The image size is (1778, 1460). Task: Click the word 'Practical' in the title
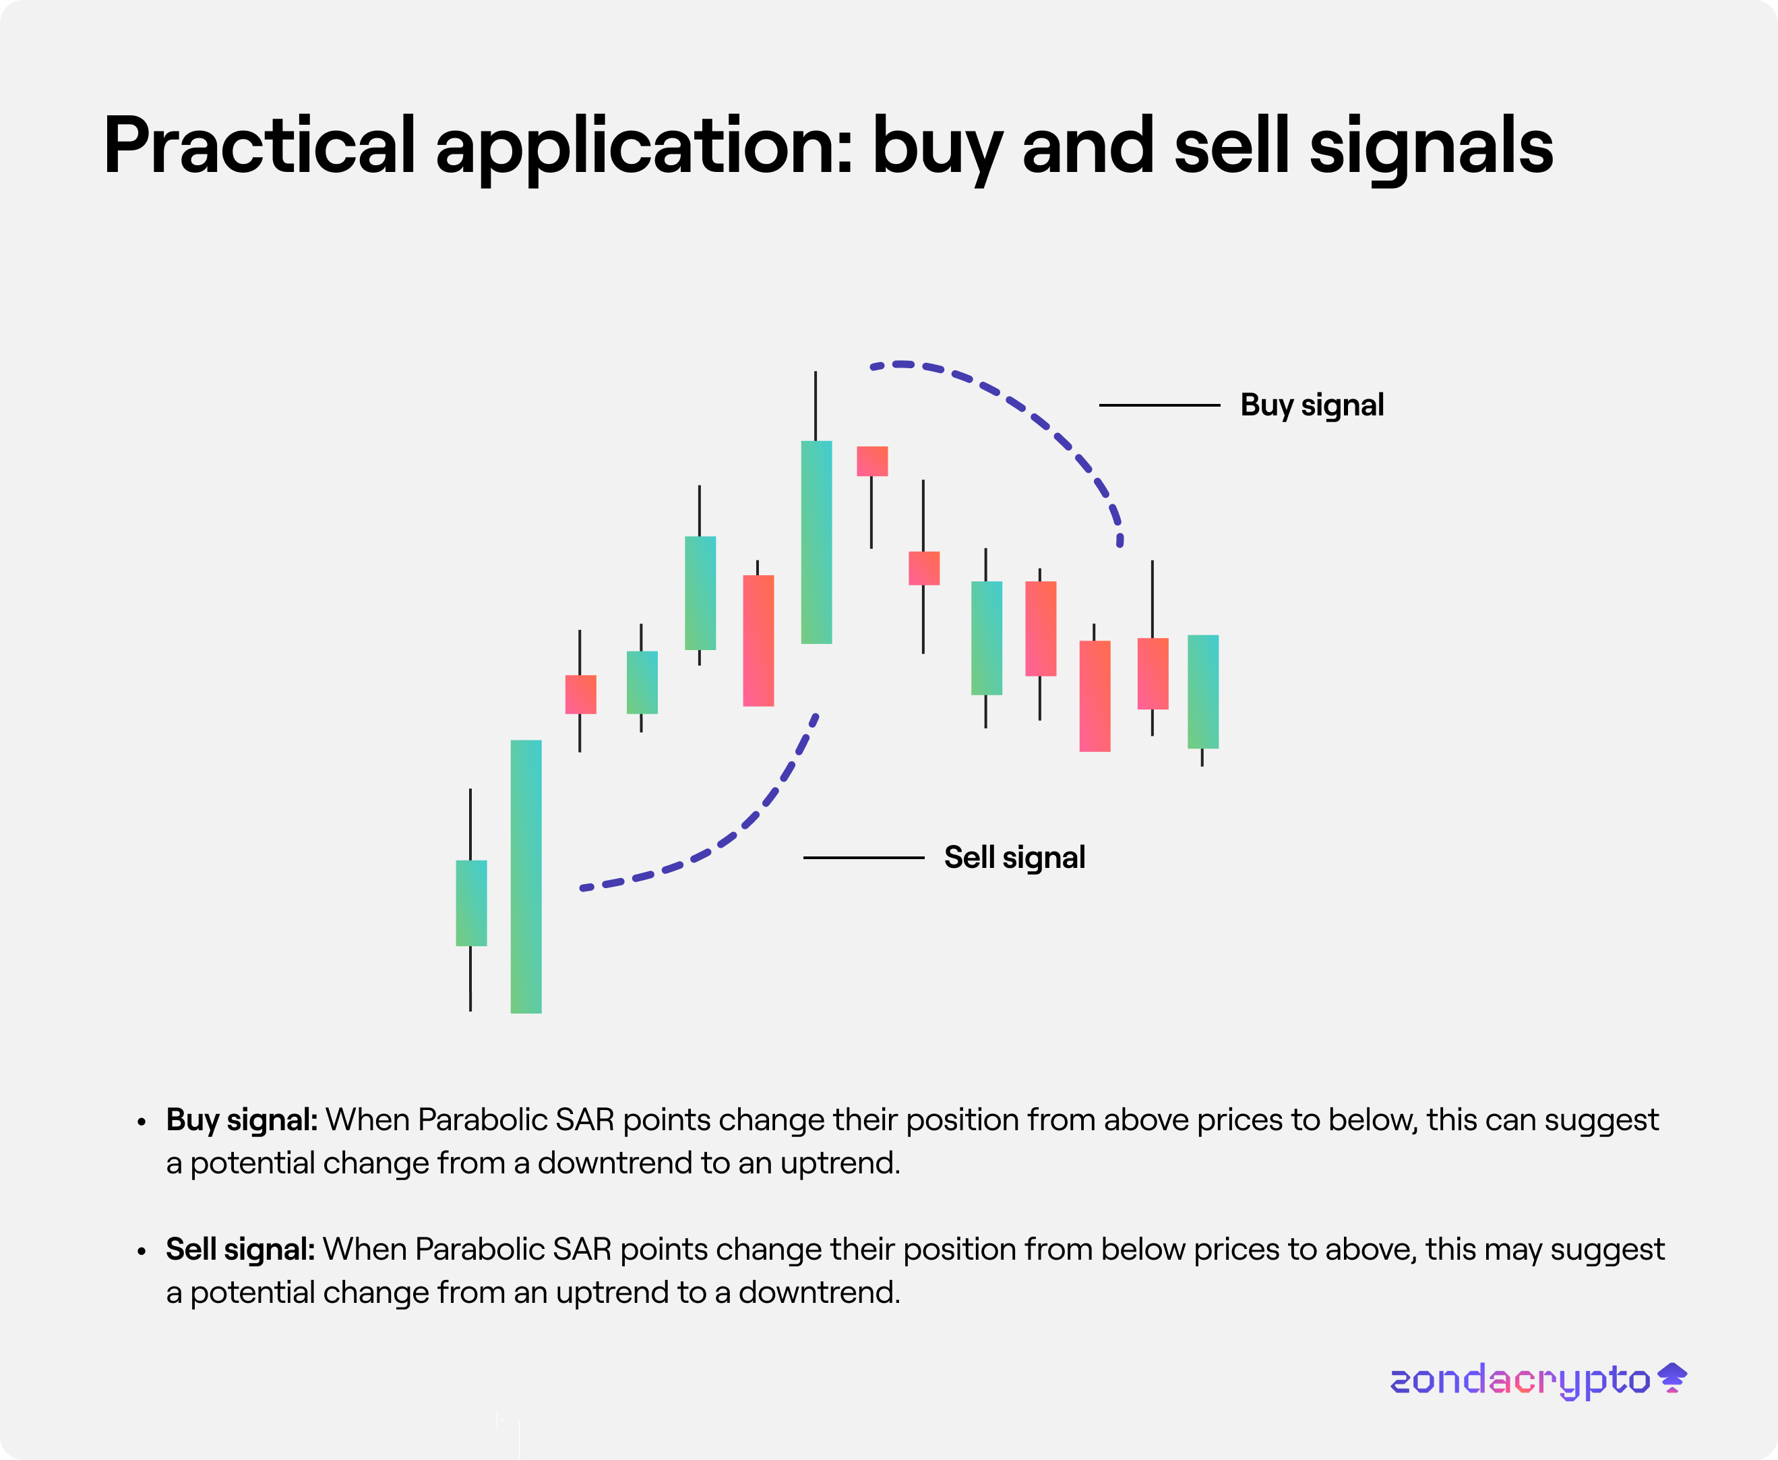(259, 145)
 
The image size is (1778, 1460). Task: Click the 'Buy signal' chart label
(1312, 405)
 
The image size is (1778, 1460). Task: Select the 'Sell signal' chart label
(1014, 858)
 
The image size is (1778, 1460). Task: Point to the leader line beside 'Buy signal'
(1159, 405)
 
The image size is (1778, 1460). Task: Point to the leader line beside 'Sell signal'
(863, 858)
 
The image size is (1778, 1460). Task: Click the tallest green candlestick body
(526, 876)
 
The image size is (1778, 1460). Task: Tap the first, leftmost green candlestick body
(470, 902)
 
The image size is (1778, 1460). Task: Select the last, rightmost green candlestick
(1203, 691)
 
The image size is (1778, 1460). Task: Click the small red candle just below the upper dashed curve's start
(871, 461)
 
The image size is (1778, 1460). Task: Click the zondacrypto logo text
(1520, 1380)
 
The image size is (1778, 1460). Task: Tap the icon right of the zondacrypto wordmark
(1672, 1378)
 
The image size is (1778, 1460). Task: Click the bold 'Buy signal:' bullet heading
(242, 1120)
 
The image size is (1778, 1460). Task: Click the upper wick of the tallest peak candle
(816, 405)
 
